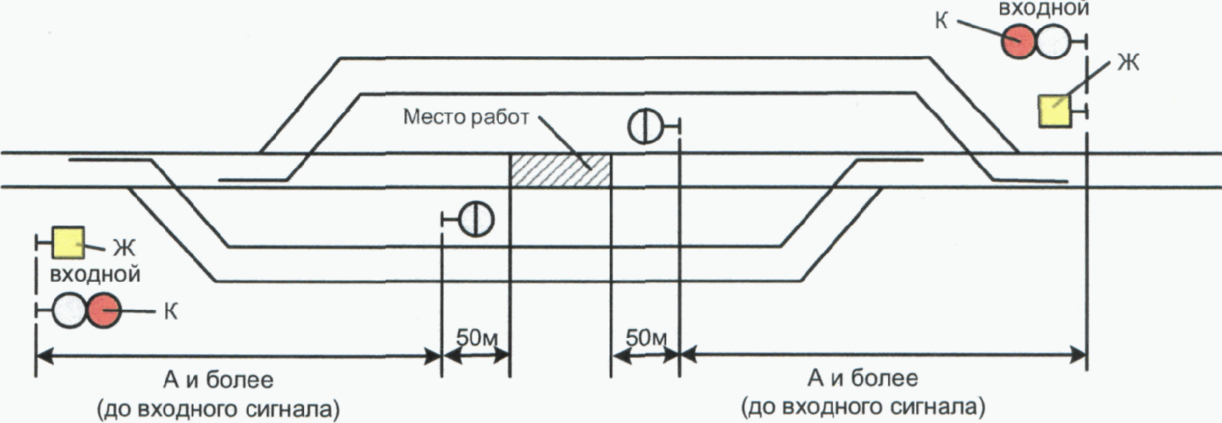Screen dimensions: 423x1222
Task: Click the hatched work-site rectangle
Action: point(560,170)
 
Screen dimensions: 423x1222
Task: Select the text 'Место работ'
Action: point(466,117)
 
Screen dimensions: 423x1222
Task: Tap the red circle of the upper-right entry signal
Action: point(1018,42)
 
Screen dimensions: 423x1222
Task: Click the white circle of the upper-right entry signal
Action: point(1053,42)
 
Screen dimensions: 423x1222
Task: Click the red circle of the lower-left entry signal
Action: point(104,311)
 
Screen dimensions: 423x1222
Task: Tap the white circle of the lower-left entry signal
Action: point(69,311)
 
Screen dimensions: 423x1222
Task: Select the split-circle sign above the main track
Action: point(645,126)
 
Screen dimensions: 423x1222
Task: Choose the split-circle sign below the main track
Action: point(475,219)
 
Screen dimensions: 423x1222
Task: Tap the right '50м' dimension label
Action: point(646,337)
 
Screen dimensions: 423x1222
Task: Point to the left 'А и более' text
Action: point(218,380)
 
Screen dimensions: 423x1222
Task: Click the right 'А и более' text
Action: point(863,379)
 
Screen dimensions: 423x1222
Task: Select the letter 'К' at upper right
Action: point(941,20)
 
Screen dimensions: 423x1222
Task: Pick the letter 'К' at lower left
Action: point(169,311)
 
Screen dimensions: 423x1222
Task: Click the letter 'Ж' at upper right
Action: point(1127,63)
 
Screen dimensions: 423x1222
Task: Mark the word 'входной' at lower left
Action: point(95,274)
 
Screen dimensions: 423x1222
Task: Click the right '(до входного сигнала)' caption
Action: point(863,407)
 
